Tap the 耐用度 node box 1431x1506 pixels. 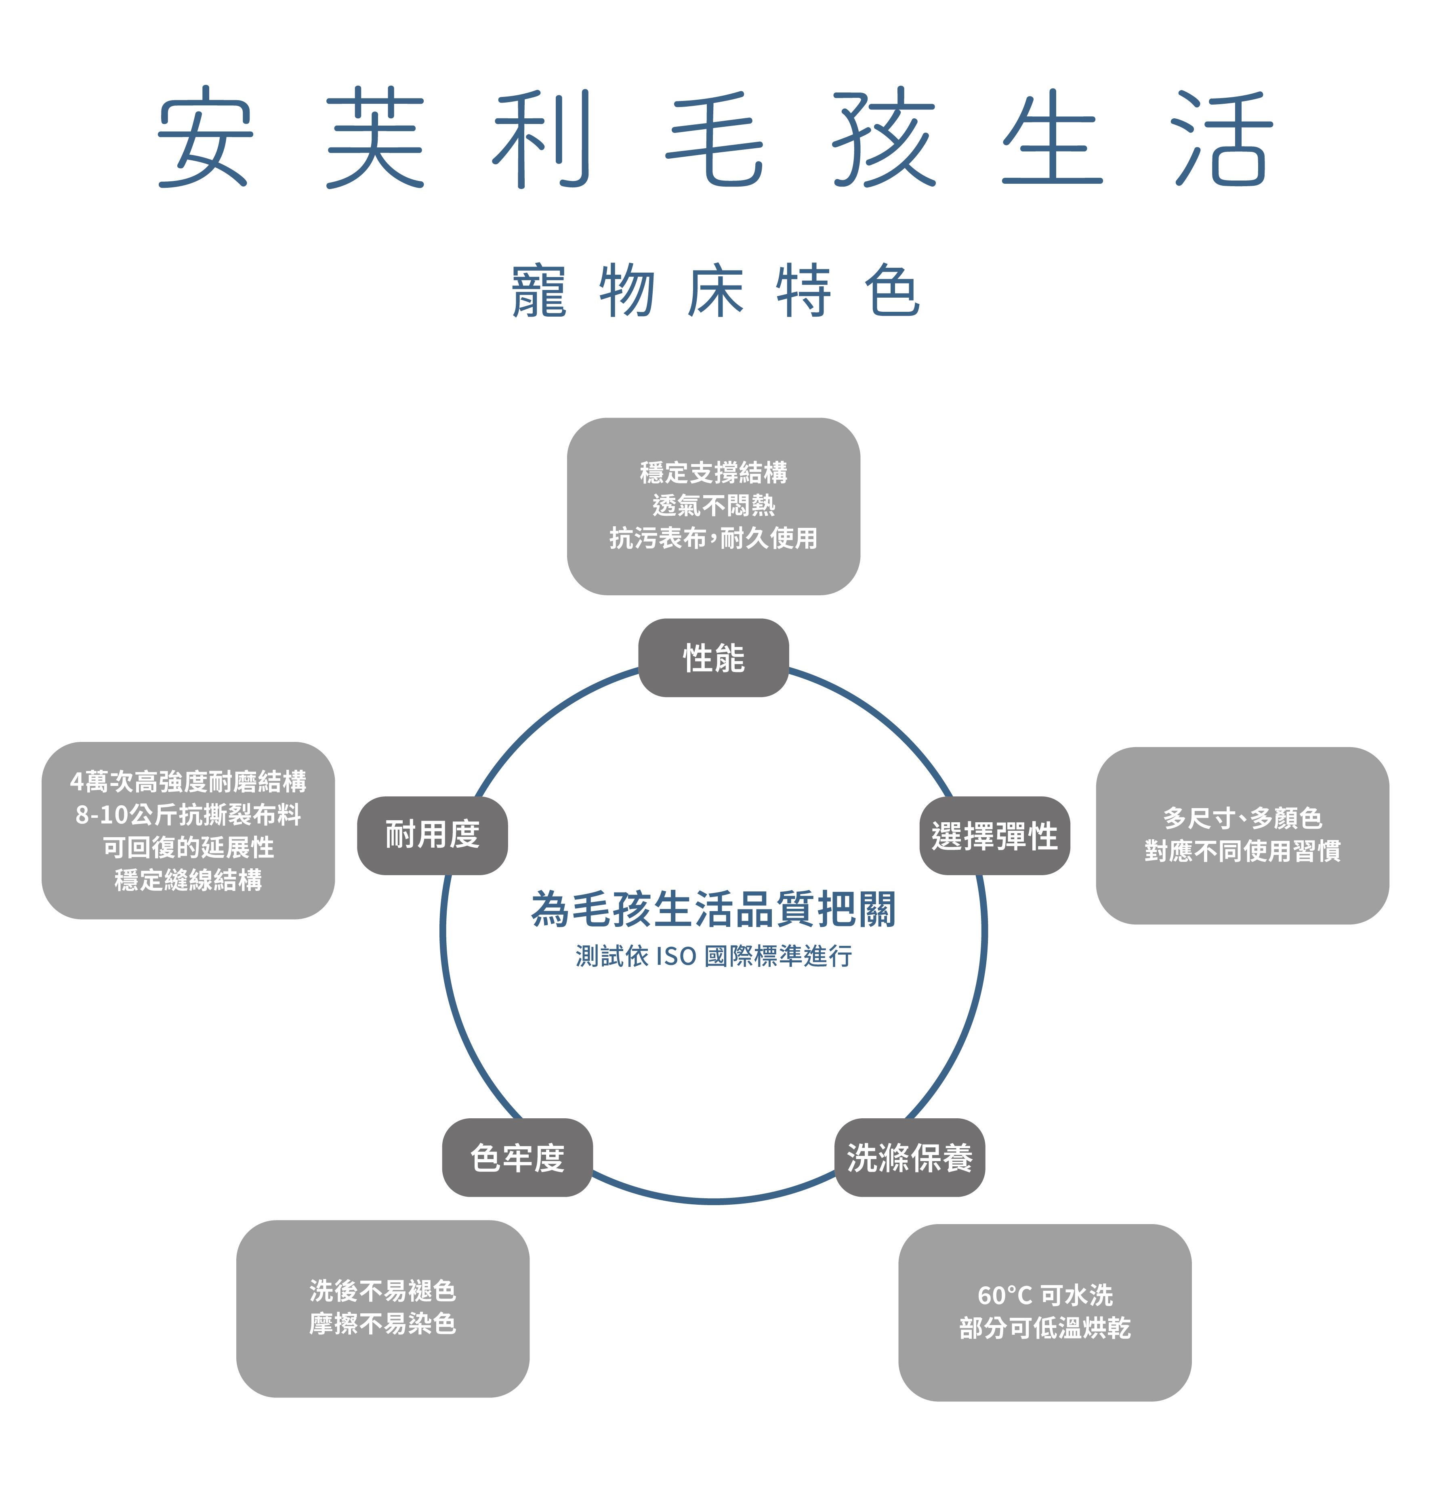433,836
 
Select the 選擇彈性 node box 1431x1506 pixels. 995,836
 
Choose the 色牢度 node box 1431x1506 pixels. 517,1157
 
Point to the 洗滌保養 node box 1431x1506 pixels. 910,1157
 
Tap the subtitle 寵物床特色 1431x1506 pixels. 716,290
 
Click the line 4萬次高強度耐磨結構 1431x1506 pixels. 188,781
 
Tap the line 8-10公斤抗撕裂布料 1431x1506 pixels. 188,814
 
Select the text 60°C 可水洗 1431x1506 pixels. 1045,1295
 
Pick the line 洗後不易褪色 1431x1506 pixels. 383,1291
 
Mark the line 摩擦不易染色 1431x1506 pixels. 383,1324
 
